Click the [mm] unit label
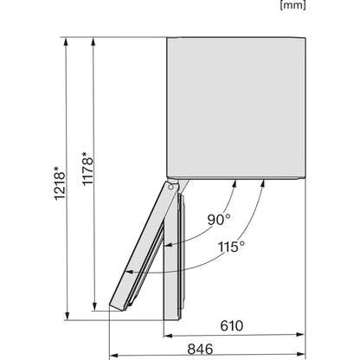pos(292,5)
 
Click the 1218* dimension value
pos(60,183)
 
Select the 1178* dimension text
pos(87,169)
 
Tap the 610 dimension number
pos(232,325)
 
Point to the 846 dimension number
pos(200,349)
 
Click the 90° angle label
pos(219,220)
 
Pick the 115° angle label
pos(231,247)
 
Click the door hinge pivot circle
pos(170,187)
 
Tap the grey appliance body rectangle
pos(236,108)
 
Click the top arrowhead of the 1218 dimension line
pos(66,42)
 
